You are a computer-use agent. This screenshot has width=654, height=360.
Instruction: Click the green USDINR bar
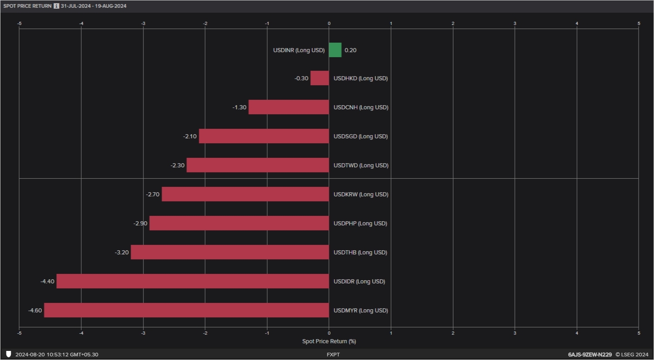click(335, 50)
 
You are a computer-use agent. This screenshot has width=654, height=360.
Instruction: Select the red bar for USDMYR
click(186, 310)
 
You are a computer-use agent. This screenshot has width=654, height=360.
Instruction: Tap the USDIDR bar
click(192, 281)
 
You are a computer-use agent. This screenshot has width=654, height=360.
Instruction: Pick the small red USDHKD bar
click(320, 78)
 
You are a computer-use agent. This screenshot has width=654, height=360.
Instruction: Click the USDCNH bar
click(288, 107)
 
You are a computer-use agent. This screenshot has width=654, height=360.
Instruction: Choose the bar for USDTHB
click(229, 252)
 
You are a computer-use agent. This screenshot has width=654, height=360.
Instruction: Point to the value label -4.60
click(35, 311)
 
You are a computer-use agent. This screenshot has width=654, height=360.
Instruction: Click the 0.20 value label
click(351, 50)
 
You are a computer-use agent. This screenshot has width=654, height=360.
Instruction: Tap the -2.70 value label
click(152, 195)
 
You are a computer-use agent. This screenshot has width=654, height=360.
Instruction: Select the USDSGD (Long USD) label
click(361, 136)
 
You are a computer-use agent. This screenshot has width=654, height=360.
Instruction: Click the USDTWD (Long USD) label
click(361, 165)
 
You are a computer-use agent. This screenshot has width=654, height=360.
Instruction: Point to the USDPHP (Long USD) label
click(361, 224)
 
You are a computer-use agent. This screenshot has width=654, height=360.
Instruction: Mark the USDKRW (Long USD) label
click(361, 195)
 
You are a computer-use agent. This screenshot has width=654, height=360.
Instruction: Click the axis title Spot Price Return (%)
click(329, 341)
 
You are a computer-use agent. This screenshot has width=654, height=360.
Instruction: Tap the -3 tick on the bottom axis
click(143, 333)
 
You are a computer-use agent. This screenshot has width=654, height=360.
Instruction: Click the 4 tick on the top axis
click(577, 23)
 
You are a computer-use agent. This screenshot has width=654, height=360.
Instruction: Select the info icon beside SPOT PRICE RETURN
click(56, 6)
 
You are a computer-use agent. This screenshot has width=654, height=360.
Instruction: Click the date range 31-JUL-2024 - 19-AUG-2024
click(93, 6)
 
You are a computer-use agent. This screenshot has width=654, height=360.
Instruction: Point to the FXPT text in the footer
click(333, 355)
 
